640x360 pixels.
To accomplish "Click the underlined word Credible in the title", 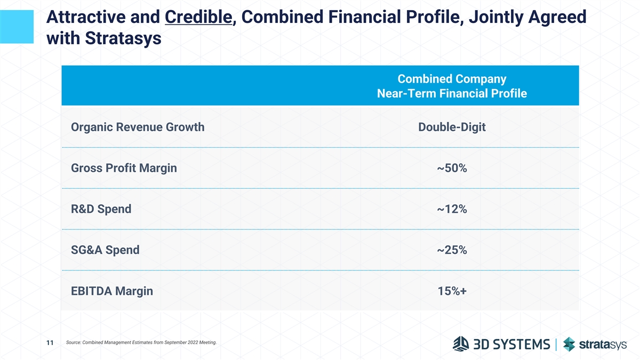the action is pos(198,17).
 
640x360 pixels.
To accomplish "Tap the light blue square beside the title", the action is pos(17,27).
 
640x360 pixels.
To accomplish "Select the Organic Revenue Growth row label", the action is pos(138,127).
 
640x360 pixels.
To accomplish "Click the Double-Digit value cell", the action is pos(452,127).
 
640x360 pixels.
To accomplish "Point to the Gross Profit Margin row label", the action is pos(124,168).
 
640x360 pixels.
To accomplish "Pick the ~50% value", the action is pos(452,168).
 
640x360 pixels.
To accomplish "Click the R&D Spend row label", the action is pos(101,209).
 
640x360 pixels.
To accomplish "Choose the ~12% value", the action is pos(452,209).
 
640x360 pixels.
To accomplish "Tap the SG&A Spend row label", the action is pos(105,250).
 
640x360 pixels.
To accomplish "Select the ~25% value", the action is pos(452,250).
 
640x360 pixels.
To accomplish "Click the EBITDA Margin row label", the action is pos(112,291).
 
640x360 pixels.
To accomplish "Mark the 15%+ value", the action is pos(452,291).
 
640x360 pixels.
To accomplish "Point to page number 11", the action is pos(50,342).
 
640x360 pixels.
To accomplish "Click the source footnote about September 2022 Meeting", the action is pos(141,342).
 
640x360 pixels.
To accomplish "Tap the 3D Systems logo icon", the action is pos(461,343).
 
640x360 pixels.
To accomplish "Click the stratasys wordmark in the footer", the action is pos(603,345).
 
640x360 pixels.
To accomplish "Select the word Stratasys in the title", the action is pos(123,38).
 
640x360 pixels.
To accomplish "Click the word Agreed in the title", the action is pos(557,17).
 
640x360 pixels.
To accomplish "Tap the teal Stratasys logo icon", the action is pos(569,344).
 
